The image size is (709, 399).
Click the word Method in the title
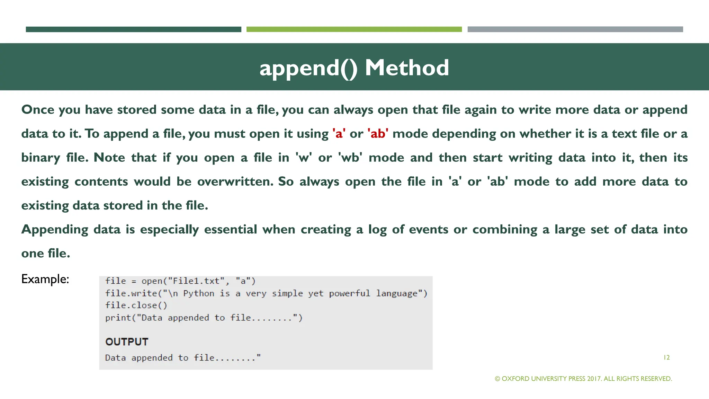click(407, 68)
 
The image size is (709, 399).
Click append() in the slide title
click(308, 68)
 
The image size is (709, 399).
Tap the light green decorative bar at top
click(354, 29)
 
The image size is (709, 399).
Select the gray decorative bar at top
click(575, 29)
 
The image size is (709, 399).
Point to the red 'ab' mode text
click(378, 134)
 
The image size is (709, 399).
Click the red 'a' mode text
click(339, 134)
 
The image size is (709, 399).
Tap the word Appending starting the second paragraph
click(55, 230)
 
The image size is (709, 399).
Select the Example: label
click(45, 279)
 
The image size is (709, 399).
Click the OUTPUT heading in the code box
click(127, 342)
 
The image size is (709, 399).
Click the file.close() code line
click(136, 305)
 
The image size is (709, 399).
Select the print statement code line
click(204, 318)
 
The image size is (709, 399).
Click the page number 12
click(666, 357)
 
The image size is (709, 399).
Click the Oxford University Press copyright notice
click(583, 379)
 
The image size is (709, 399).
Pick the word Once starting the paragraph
click(38, 110)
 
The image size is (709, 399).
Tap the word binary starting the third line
click(41, 158)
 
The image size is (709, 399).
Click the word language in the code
click(397, 293)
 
